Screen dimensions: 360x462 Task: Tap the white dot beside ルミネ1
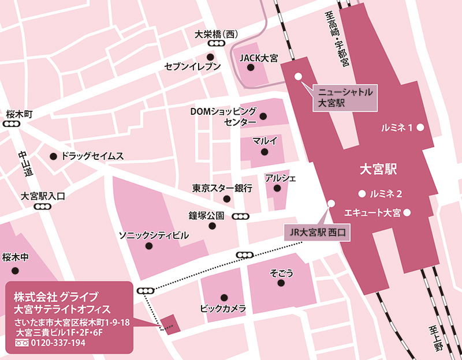pos(421,127)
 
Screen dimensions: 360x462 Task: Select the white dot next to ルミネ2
pos(362,193)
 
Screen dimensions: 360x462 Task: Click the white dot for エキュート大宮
pos(407,213)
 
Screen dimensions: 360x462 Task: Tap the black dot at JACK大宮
pos(251,67)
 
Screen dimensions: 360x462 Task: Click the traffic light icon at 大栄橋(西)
pos(217,44)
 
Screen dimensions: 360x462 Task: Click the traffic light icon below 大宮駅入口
pos(42,207)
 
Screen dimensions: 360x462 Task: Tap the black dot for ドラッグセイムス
pos(53,156)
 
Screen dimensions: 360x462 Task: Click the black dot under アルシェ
pos(277,188)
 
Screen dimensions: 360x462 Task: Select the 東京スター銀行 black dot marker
pos(228,198)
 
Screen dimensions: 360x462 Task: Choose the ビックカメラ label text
pos(223,308)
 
